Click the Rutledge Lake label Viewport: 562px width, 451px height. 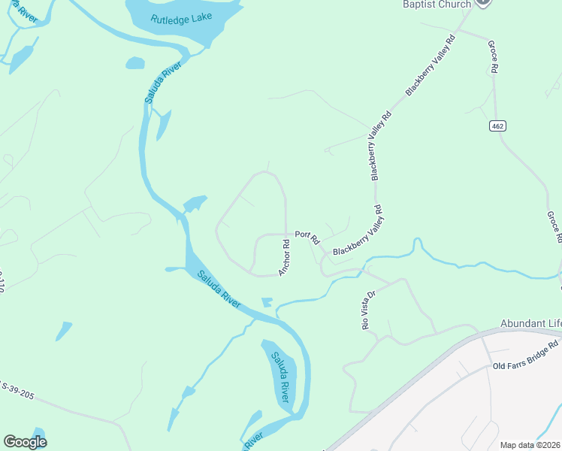pos(181,19)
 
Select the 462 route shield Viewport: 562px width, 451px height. pos(497,124)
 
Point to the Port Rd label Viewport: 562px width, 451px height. pos(307,238)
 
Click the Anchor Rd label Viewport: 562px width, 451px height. pos(285,257)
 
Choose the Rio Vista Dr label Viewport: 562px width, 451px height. pos(368,310)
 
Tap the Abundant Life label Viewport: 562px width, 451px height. pos(530,324)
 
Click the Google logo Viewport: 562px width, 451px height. pos(25,442)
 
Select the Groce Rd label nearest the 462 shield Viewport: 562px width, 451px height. pos(494,57)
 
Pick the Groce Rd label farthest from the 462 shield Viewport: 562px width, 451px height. pos(554,227)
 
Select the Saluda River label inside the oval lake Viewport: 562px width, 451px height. pos(280,376)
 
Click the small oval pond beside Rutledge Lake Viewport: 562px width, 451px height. pos(135,63)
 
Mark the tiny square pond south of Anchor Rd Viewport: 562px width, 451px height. pos(267,302)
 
